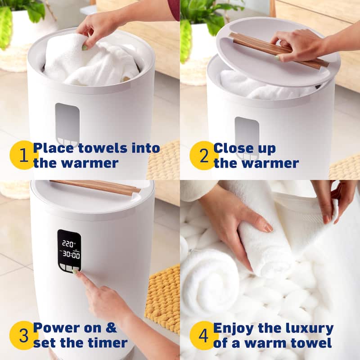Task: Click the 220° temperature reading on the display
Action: pos(68,243)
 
